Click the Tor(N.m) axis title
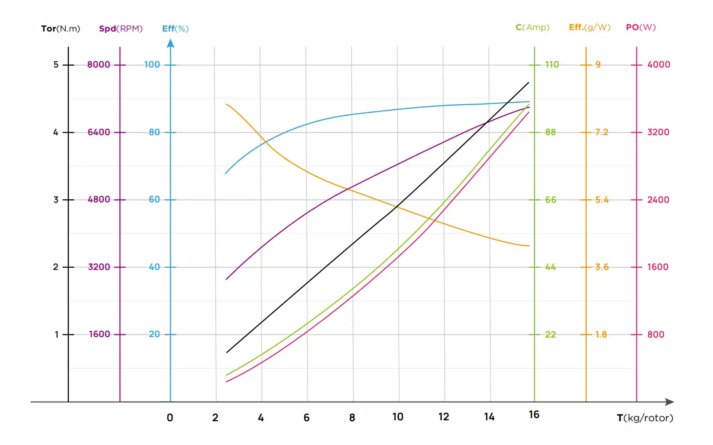[x=61, y=28]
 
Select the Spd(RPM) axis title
[x=121, y=28]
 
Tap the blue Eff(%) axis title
[x=175, y=28]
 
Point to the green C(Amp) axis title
[x=532, y=27]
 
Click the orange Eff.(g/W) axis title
[x=589, y=27]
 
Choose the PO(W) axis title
[x=640, y=27]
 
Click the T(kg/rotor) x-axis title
[x=645, y=418]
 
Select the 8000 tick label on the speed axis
[x=99, y=64]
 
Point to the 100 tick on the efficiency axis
[x=152, y=64]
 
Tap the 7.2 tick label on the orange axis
[x=601, y=132]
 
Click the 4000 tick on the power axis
[x=659, y=64]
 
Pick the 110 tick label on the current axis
[x=552, y=64]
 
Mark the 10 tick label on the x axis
[x=398, y=417]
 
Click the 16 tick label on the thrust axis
[x=534, y=414]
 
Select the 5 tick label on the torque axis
[x=56, y=64]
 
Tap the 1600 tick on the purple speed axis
[x=99, y=334]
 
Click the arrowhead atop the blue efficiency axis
[x=171, y=43]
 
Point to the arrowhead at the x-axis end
[x=670, y=402]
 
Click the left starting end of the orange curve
[x=226, y=104]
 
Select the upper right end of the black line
[x=529, y=83]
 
